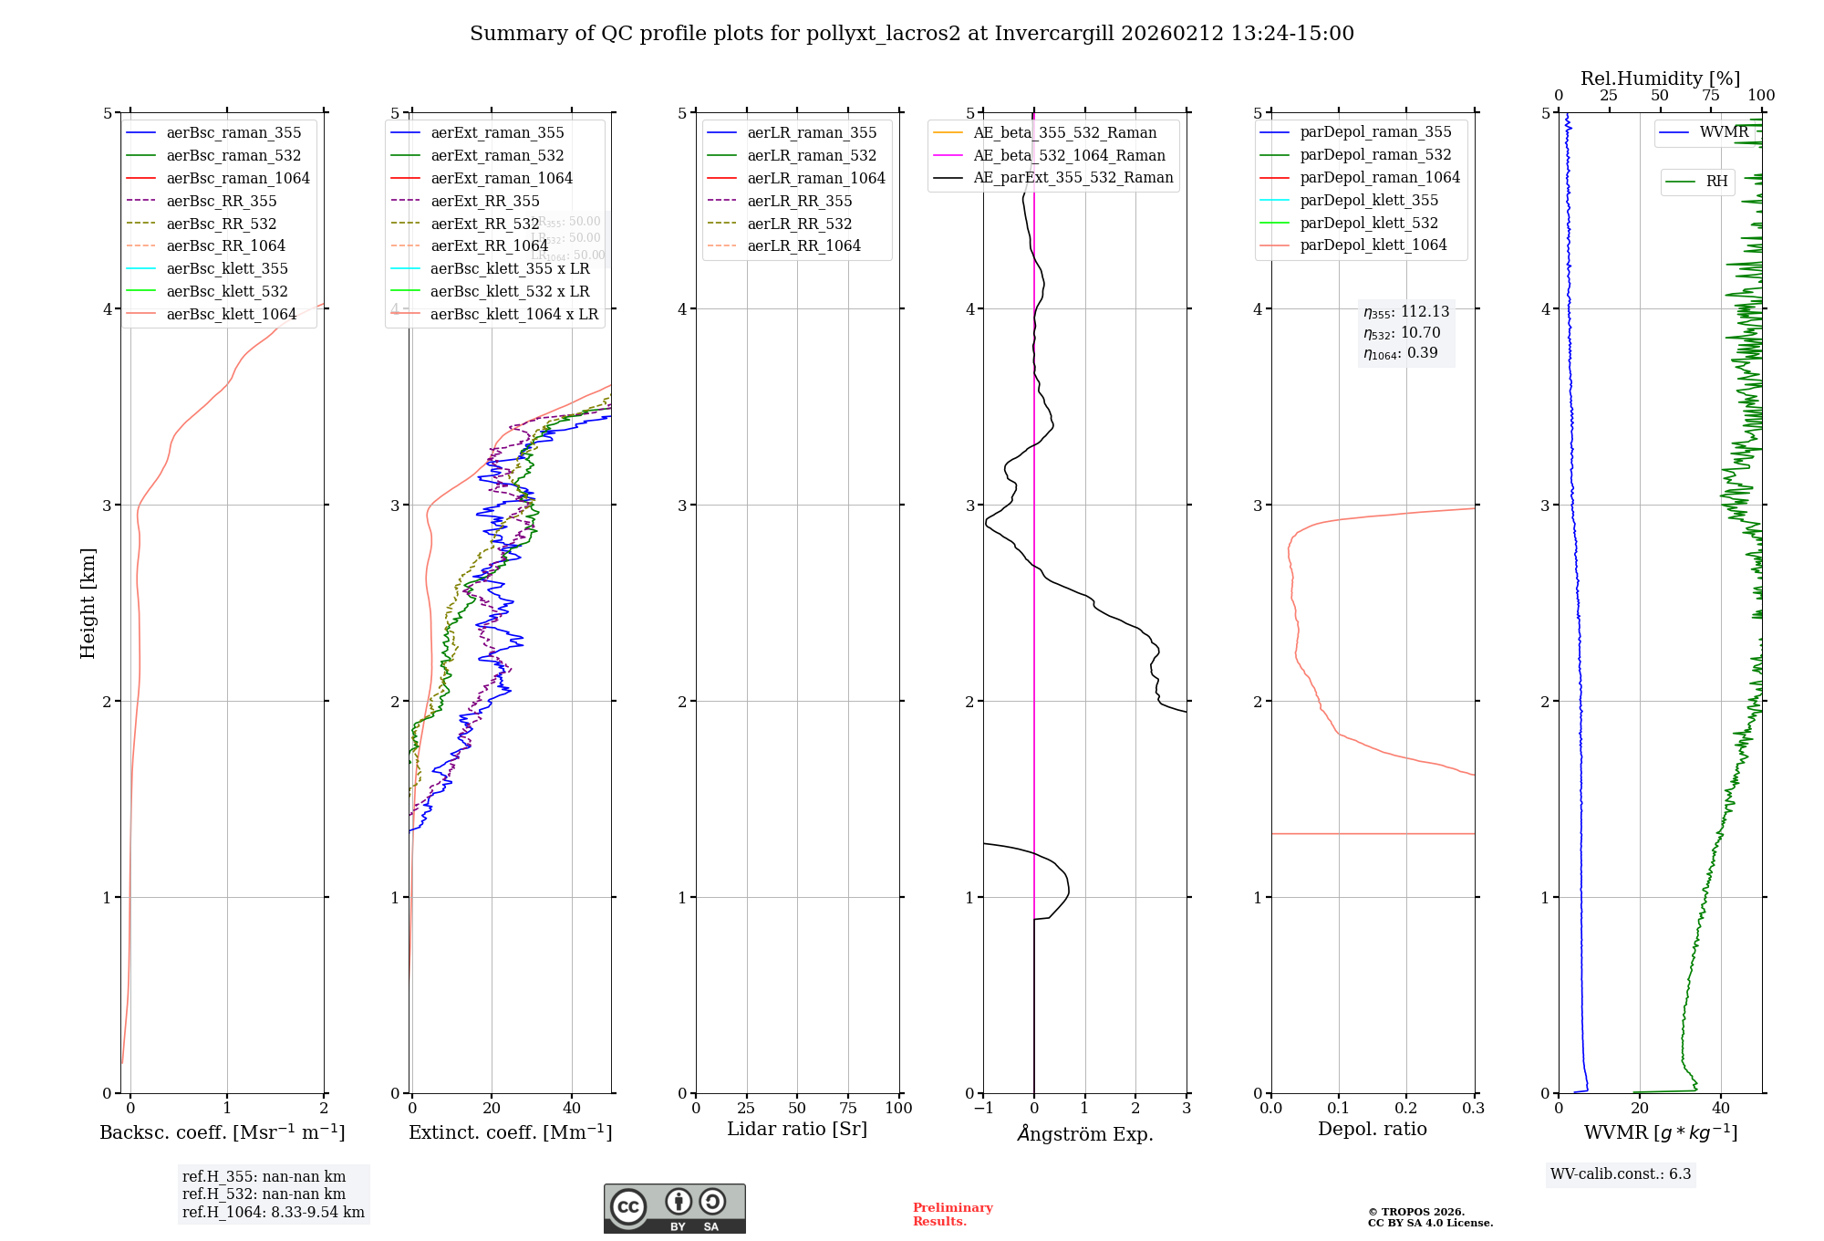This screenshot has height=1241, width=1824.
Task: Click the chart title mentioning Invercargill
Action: (911, 34)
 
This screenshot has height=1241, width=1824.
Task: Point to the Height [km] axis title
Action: (88, 603)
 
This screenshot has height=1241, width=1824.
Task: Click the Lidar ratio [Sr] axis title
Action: (797, 1129)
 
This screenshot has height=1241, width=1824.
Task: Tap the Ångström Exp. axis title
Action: (1085, 1133)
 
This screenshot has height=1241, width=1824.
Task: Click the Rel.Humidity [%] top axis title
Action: (1660, 78)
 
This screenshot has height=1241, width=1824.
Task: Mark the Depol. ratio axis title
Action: (1373, 1129)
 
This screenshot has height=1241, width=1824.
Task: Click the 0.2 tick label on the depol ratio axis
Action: (1406, 1108)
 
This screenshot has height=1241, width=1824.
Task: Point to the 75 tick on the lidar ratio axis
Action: (848, 1108)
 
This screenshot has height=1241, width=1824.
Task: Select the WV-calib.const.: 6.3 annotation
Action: (1621, 1173)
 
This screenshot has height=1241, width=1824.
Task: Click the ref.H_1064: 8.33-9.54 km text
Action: (273, 1212)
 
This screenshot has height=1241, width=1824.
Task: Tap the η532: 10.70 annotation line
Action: (1402, 333)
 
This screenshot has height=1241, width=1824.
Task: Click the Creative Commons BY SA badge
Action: (674, 1208)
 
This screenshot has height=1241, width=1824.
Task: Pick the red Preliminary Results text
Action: (952, 1215)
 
